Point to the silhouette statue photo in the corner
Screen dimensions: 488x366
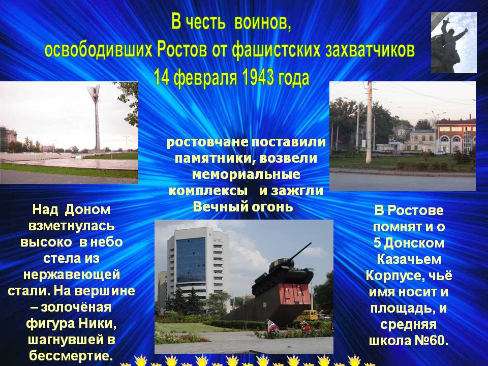(454, 43)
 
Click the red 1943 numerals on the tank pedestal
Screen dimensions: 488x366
(292, 294)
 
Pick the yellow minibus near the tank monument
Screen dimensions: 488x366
(309, 315)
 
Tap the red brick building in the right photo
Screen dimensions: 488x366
(455, 136)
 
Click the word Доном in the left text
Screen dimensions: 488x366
(88, 210)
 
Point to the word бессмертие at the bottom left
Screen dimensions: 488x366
(71, 355)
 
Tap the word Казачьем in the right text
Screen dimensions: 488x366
(409, 259)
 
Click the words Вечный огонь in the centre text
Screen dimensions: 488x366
(243, 207)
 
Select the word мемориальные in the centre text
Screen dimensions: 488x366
(246, 174)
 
